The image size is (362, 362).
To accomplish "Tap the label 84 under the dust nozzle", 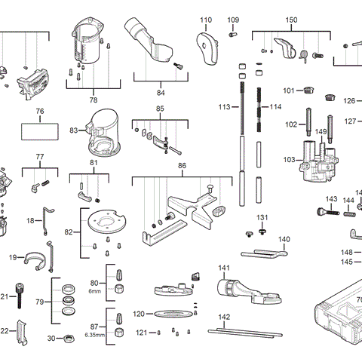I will click(160, 93).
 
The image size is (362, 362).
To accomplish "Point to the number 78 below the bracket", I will click(93, 100).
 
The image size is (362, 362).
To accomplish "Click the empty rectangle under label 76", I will click(41, 130).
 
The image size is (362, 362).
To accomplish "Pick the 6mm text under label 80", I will click(95, 290).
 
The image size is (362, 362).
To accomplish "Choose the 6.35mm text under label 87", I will click(95, 334).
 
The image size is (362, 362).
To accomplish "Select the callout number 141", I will click(224, 268).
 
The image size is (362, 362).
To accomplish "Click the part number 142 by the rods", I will click(224, 318).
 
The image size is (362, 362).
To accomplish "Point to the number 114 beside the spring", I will click(276, 108).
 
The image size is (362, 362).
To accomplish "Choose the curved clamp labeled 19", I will click(34, 260).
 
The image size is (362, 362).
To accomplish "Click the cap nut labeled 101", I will click(307, 91).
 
